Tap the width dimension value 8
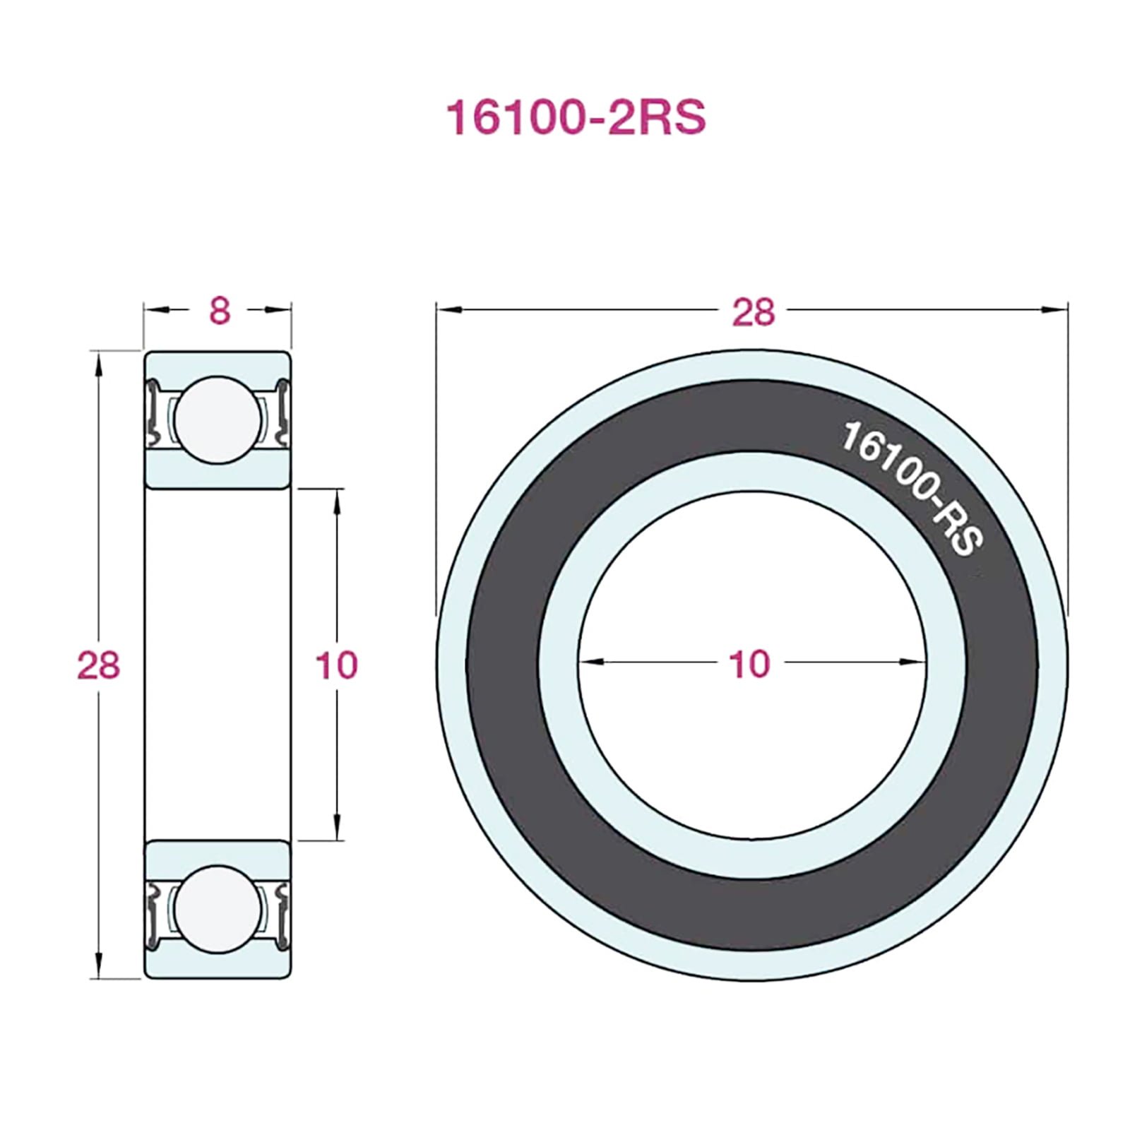220,311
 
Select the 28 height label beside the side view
99,665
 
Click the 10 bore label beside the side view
337,665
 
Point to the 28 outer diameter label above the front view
753,311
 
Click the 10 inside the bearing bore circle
749,664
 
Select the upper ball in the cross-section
218,420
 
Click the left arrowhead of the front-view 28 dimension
449,309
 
